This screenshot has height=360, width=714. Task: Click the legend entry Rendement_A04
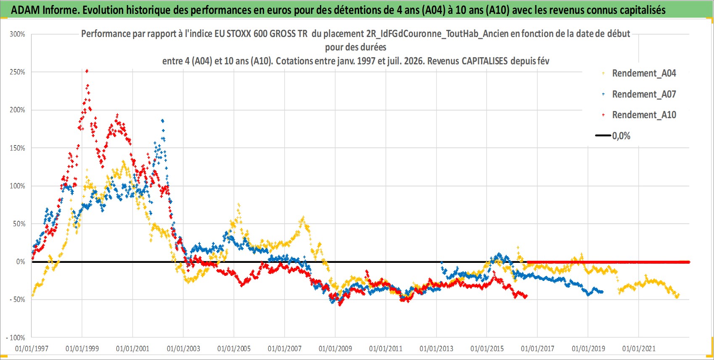click(639, 73)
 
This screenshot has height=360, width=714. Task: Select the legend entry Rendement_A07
click(639, 94)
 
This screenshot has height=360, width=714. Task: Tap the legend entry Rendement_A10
click(639, 115)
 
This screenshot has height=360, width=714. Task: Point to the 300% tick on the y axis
click(17, 34)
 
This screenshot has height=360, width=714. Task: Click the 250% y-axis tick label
click(17, 72)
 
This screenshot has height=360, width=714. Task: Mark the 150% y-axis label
click(17, 148)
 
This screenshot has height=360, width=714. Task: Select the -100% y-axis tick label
click(15, 337)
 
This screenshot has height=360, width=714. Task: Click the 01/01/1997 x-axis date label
click(32, 349)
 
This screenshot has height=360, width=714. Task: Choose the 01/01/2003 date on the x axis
click(183, 349)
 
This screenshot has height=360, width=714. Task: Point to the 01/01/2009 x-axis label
click(335, 349)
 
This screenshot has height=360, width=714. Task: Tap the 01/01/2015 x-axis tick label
click(487, 349)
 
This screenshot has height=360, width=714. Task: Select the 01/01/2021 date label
click(639, 349)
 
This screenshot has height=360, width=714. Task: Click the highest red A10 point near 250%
click(87, 71)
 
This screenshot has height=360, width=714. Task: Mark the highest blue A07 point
click(163, 121)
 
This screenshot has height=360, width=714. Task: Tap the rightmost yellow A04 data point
click(678, 295)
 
